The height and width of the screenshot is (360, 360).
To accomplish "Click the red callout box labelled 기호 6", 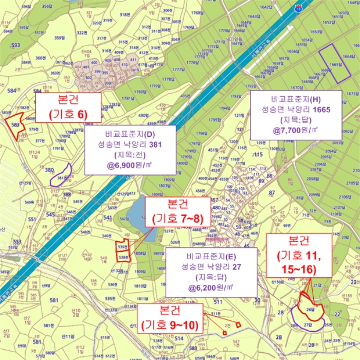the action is click(x=68, y=107).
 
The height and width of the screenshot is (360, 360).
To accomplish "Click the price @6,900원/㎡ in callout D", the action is click(x=130, y=166).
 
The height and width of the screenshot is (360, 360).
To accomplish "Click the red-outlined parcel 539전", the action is click(x=122, y=246).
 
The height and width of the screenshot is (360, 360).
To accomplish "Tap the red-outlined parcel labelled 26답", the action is click(x=310, y=309).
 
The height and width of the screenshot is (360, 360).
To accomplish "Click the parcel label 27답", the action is click(x=308, y=325).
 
